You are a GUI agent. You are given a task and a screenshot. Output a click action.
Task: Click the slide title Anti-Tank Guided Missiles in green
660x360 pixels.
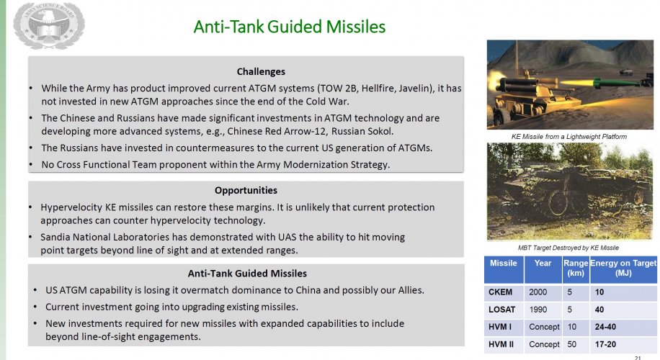(x=289, y=27)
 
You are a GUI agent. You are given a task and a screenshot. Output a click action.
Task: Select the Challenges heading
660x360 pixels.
(x=261, y=71)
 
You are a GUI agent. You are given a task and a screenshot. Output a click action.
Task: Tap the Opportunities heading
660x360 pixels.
(x=246, y=191)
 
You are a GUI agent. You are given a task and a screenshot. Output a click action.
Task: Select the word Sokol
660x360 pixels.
(x=380, y=131)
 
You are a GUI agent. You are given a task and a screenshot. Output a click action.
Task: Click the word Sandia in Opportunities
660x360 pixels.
(x=55, y=237)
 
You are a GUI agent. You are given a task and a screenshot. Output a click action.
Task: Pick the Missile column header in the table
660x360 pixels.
(x=504, y=264)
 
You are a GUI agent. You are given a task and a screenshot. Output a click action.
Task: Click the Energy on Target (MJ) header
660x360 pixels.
(x=623, y=268)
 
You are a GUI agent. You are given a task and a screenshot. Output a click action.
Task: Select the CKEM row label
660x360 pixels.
(x=501, y=292)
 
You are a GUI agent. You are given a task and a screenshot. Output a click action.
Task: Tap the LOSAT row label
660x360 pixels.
(x=501, y=310)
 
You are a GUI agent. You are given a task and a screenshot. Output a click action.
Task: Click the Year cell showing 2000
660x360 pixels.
(x=538, y=292)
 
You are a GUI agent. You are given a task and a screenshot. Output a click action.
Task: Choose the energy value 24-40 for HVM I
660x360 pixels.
(x=605, y=327)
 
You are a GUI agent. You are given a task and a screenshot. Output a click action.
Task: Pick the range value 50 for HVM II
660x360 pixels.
(x=571, y=344)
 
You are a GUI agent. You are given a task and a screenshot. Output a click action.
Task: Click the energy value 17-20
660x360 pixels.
(x=605, y=344)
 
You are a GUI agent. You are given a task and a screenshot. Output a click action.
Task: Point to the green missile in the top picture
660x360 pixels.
(x=615, y=83)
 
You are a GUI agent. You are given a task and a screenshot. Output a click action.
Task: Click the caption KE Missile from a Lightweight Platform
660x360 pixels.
(x=569, y=137)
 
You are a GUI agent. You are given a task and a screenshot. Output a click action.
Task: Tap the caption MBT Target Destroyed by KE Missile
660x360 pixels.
(x=568, y=248)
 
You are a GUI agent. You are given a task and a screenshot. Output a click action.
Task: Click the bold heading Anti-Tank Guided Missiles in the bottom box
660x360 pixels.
(x=247, y=274)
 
